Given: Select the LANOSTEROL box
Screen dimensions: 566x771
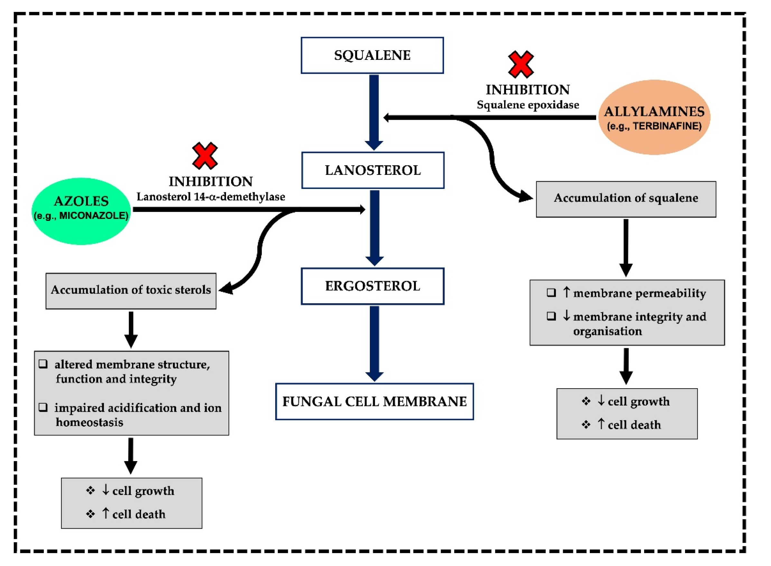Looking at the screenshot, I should point(373,170).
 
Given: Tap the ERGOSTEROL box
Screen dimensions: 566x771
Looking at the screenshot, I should point(372,286).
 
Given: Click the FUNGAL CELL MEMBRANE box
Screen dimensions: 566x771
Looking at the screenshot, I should point(374,401).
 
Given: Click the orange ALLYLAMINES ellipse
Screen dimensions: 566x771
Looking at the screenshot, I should point(654,117).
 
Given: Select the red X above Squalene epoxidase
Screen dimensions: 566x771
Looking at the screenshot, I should point(521,64).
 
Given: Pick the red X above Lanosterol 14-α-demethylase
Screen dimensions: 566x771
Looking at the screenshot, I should point(205,156).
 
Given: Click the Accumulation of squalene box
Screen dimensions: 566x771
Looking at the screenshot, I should point(626,199).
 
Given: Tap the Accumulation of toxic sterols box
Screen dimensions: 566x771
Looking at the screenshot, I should point(131,291).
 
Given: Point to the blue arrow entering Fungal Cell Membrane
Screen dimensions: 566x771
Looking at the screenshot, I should point(374,343).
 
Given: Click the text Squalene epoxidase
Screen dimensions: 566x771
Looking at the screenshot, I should point(528,105).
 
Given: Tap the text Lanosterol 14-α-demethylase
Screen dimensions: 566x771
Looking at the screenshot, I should point(211,197).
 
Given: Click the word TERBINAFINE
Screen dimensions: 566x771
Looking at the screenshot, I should point(666,126).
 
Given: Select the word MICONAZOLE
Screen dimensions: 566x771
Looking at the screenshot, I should point(93,215).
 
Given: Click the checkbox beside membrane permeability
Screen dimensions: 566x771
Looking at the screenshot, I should point(551,293).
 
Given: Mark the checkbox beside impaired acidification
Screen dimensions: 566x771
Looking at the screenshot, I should point(43,407).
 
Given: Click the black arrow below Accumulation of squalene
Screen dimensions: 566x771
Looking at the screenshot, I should point(626,247).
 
